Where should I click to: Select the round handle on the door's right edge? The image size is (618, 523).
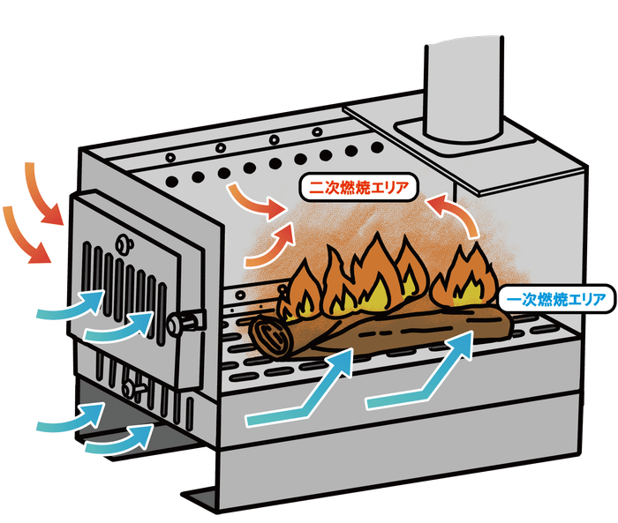point(187,322)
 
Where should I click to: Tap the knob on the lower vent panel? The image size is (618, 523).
point(133,385)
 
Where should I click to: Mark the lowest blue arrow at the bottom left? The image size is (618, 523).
point(120,438)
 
